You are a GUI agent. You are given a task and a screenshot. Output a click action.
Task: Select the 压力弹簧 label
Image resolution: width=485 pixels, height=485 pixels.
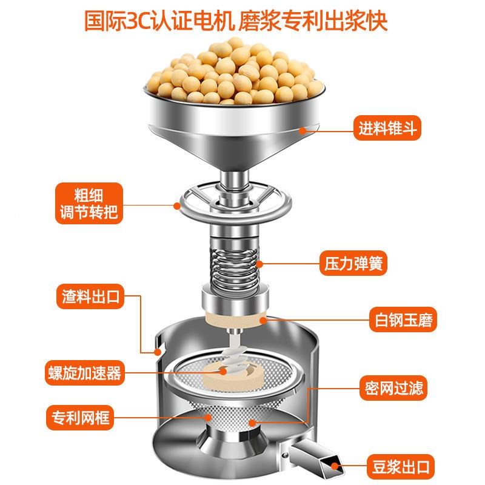[x=352, y=265]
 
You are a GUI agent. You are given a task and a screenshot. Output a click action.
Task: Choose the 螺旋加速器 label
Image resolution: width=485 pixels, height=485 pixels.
[x=84, y=372]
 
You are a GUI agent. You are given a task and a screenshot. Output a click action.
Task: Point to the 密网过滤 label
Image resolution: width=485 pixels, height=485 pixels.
[x=393, y=386]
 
